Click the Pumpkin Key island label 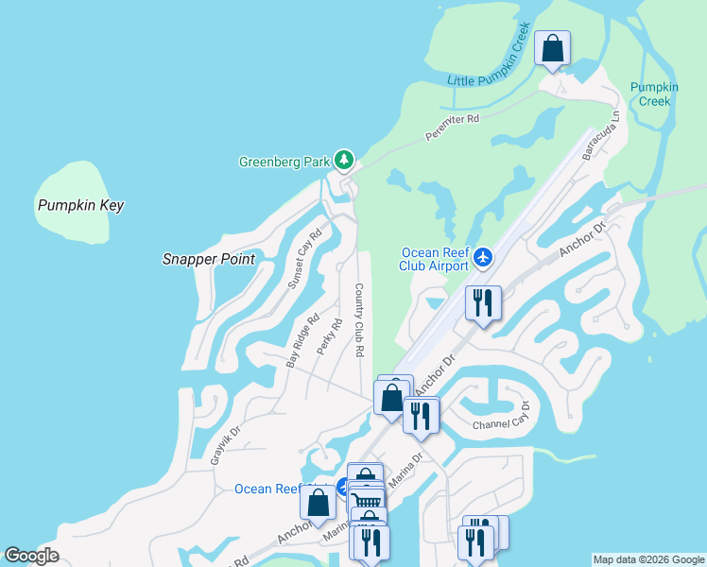point(80,205)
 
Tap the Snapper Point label point(209,259)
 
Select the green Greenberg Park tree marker point(345,160)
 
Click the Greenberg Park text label point(283,162)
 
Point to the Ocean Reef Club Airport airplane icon point(484,256)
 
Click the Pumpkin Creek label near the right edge point(654,94)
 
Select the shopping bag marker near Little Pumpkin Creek point(552,47)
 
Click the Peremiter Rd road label point(453,127)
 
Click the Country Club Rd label point(359,319)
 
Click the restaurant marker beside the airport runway point(482,303)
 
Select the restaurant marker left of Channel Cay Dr point(421,414)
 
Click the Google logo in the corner point(31,556)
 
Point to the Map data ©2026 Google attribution point(648,559)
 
